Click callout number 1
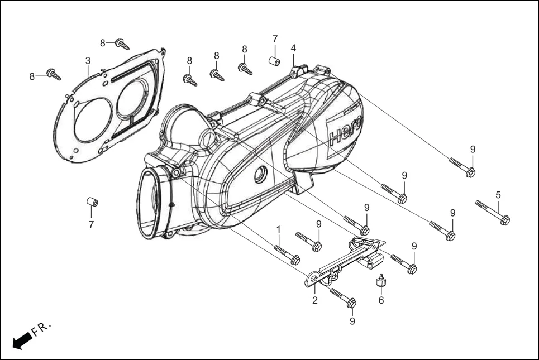coord(278,229)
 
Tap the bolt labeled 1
coord(287,254)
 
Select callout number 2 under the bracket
coord(315,300)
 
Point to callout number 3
coord(88,60)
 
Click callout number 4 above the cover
coord(293,49)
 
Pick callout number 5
coord(498,195)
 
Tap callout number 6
coord(381,300)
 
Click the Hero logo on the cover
coord(345,133)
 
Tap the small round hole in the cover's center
coord(259,175)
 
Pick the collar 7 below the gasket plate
coord(92,201)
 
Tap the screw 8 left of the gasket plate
coord(54,74)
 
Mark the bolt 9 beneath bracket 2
coord(344,297)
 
